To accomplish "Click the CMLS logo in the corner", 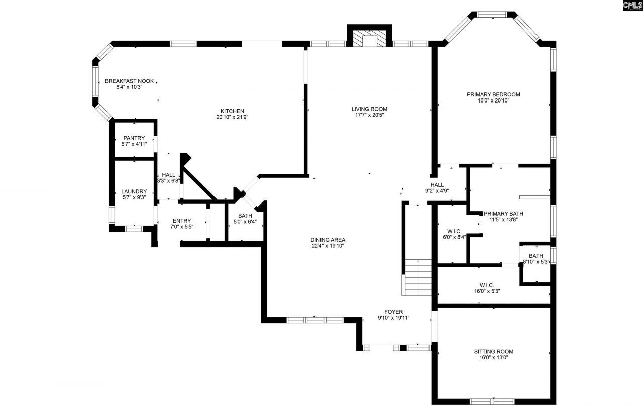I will pos(631,6).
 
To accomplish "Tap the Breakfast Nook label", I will pos(129,81).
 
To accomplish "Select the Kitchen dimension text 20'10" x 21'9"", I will pos(232,117).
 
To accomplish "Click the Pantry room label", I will pos(134,138).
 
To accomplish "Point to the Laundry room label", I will pos(134,191).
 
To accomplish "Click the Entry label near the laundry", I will pos(181,221).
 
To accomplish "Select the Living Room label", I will pos(369,109).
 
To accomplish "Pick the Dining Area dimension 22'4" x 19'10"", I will pos(328,246).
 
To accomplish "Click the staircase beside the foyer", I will pos(418,278).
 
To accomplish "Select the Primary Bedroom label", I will pos(493,94).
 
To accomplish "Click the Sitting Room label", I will pos(493,351).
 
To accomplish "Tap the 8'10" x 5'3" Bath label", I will pos(535,256).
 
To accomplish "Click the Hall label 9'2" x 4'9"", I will pos(437,185).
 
